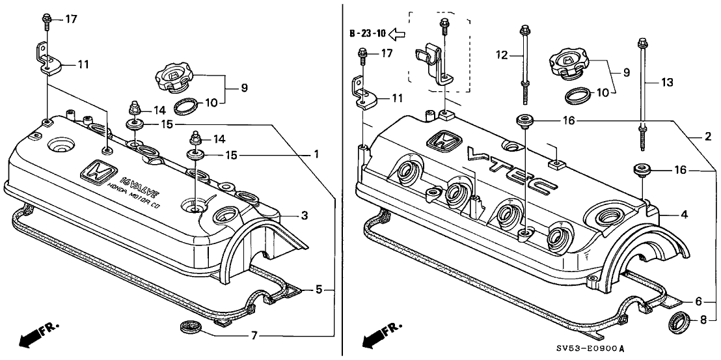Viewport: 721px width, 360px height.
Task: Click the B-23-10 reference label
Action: tap(368, 33)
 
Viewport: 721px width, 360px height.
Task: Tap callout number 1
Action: tap(316, 155)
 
